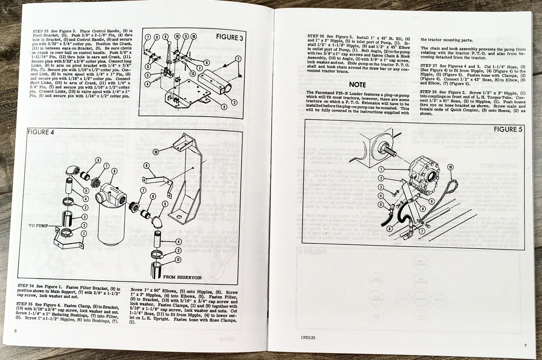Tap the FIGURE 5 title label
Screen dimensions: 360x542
point(508,129)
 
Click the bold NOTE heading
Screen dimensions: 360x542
point(358,84)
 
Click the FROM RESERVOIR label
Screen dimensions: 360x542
point(182,277)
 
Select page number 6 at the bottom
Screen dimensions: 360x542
point(16,331)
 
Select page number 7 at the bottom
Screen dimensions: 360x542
point(525,345)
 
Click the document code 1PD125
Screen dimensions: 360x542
point(307,337)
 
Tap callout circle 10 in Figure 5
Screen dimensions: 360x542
point(450,167)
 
